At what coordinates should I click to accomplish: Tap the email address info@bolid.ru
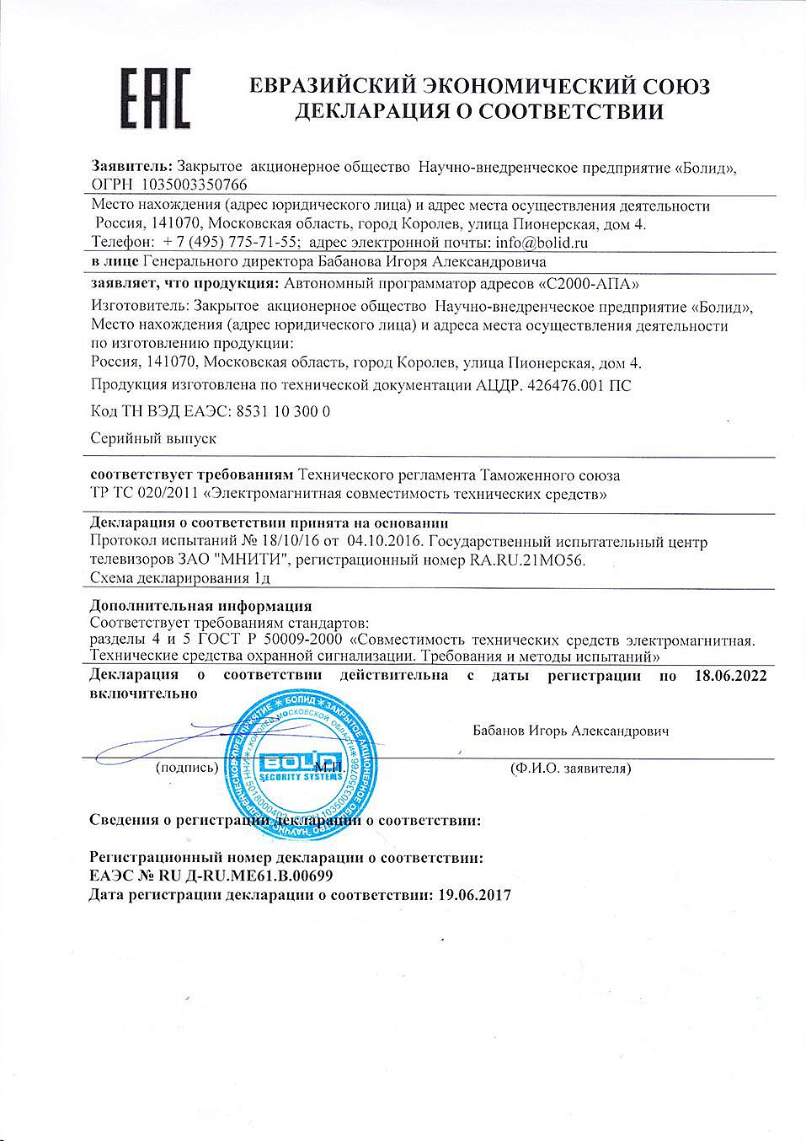pos(541,243)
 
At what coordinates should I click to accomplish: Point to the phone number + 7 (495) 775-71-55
pos(232,243)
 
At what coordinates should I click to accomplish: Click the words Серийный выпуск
pos(153,438)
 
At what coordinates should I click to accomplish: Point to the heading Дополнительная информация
pos(200,606)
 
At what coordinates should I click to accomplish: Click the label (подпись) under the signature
pos(186,768)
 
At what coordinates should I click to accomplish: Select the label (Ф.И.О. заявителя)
pos(570,768)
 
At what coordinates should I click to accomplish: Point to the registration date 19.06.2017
pos(474,895)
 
